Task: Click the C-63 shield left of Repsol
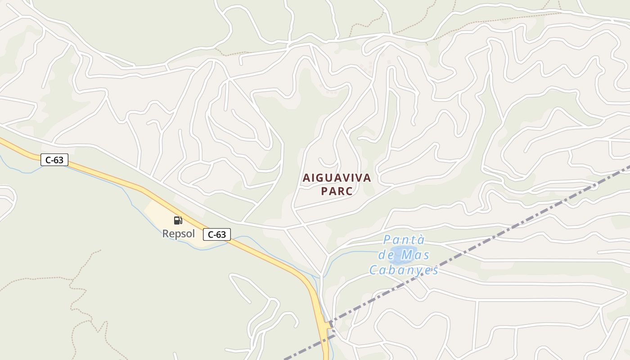coord(54,160)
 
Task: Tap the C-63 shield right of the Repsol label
coord(217,234)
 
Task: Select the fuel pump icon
coord(178,220)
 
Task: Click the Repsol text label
coord(179,234)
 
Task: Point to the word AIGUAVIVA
coord(337,178)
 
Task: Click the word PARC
coord(337,191)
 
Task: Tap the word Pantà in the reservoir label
coord(404,240)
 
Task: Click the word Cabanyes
coord(404,270)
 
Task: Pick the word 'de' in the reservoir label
coord(387,255)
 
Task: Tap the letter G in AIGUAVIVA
coord(321,178)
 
